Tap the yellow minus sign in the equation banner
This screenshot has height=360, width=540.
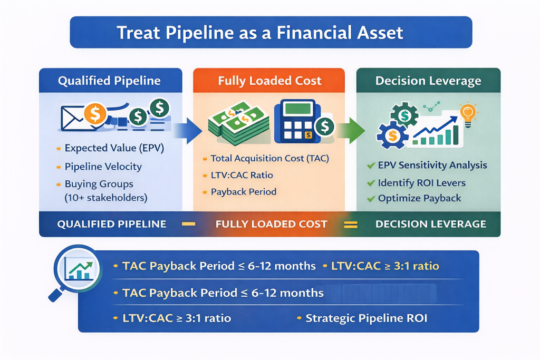[x=188, y=224]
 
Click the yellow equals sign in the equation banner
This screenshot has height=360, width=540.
[x=350, y=224]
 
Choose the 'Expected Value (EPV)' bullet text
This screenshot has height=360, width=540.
[x=114, y=149]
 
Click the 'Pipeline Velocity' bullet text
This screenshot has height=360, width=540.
[x=103, y=167]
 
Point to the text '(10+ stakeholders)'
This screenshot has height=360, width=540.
[x=106, y=198]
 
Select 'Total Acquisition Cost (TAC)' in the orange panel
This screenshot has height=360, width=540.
[x=271, y=158]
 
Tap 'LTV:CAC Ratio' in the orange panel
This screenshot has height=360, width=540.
[x=242, y=175]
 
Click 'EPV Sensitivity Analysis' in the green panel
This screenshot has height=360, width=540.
[x=432, y=165]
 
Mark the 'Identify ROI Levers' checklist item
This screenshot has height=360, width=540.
[x=421, y=183]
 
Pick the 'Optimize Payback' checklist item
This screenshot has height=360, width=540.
[x=419, y=199]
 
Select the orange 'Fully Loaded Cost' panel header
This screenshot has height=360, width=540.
[x=269, y=81]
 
